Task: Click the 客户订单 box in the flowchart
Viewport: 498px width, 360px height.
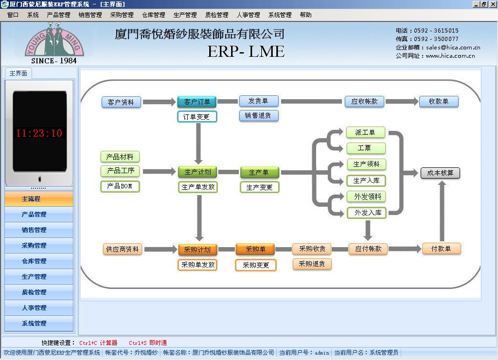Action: [196, 102]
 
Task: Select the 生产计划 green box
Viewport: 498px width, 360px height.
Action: [197, 172]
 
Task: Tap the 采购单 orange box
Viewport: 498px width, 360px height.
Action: [255, 249]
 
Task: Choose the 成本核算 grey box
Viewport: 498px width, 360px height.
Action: [440, 173]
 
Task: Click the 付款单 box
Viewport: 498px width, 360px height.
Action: [441, 249]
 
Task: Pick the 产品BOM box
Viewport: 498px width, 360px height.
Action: [120, 186]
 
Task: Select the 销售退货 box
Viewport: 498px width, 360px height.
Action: [259, 116]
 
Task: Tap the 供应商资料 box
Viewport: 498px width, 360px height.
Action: [122, 249]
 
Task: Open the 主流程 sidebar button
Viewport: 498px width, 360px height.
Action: [39, 199]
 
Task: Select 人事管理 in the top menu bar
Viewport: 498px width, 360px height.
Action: [248, 15]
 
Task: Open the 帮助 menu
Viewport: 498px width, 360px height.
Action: [305, 15]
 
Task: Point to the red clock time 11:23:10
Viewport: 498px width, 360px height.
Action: [39, 133]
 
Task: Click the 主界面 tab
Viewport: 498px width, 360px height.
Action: [18, 73]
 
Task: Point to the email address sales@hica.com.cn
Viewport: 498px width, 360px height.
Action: [453, 47]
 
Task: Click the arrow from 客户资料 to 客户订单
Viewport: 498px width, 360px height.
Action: [160, 102]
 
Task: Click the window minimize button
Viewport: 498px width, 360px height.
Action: [476, 4]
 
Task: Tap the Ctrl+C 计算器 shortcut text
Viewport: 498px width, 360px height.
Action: [98, 343]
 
